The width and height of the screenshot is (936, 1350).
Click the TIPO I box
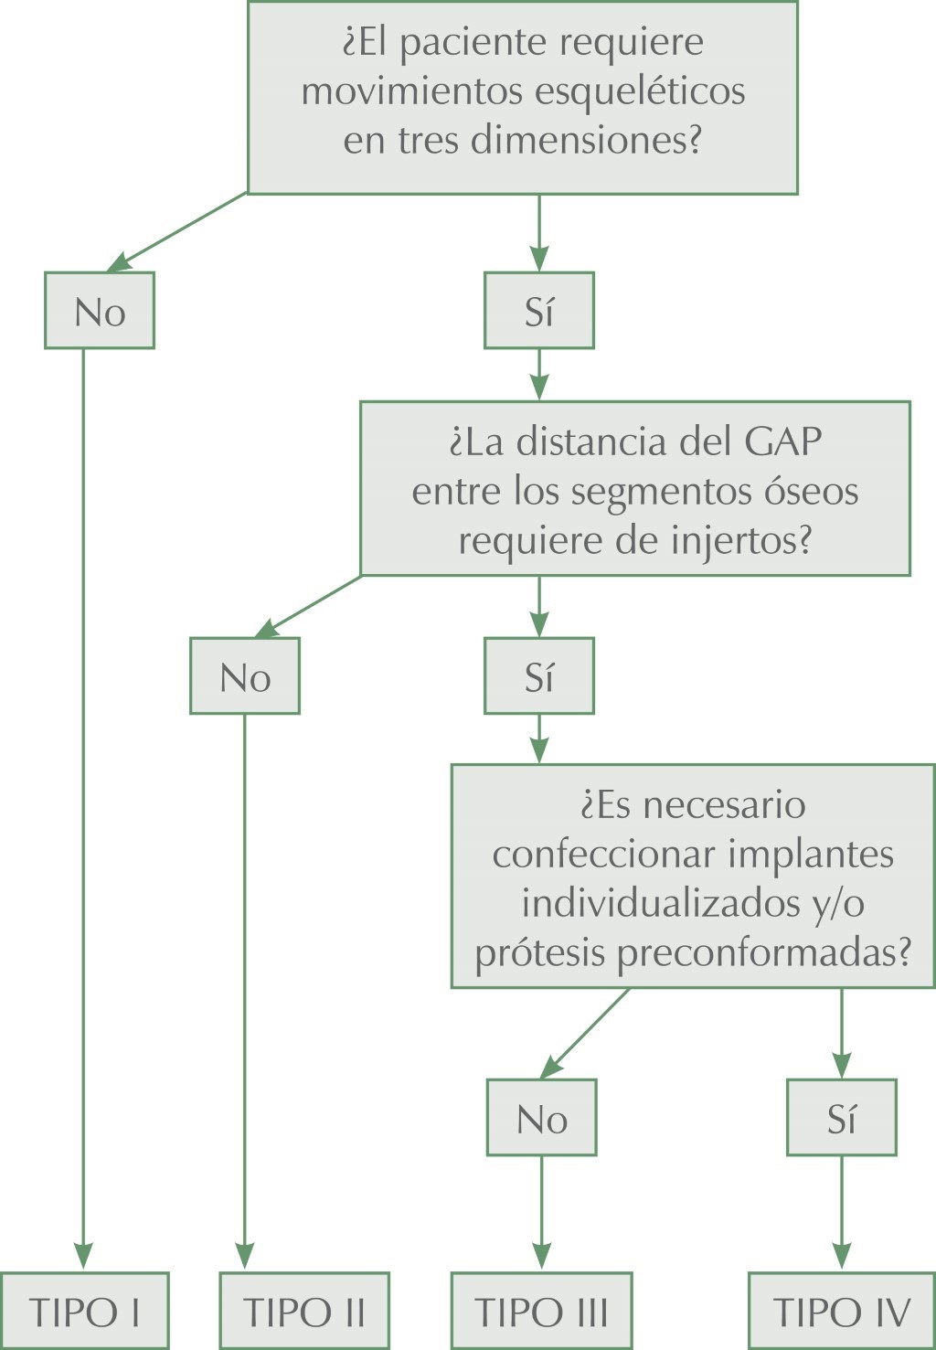pos(84,1312)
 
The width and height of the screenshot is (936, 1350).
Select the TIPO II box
pos(304,1312)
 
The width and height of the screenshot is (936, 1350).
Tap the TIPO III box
pos(541,1312)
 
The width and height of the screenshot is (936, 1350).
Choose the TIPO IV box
pos(842,1312)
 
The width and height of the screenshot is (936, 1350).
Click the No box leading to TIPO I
pos(100,312)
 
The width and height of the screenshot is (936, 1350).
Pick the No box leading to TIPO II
pos(245,677)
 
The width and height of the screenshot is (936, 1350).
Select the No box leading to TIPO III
pos(541,1119)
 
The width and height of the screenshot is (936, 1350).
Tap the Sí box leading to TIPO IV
pos(842,1119)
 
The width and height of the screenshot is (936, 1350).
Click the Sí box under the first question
pos(539,312)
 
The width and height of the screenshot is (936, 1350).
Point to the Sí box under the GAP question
pos(539,677)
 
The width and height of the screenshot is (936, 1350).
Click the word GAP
pos(783,442)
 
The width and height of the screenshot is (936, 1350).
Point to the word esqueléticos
pos(639,91)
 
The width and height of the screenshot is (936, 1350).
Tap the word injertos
pos(740,540)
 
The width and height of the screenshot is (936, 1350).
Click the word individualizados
pos(660,903)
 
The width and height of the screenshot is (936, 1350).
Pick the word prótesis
pos(540,952)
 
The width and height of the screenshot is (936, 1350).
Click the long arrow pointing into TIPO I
pos(83,823)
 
